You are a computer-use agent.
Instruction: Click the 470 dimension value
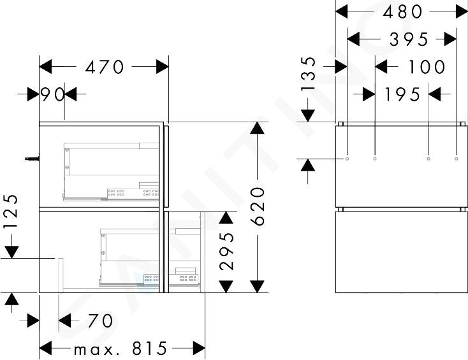(x=104, y=67)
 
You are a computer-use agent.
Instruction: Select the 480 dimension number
(x=402, y=12)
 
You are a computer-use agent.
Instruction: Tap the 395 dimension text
(x=409, y=40)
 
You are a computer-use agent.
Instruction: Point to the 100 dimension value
(x=427, y=66)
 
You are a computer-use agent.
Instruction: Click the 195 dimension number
(x=402, y=94)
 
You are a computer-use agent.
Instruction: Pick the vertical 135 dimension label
(x=308, y=74)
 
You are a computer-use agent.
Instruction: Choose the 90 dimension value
(x=52, y=94)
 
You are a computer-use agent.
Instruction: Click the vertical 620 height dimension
(x=258, y=206)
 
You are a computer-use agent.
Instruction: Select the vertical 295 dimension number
(x=226, y=251)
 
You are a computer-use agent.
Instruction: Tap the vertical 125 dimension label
(x=11, y=211)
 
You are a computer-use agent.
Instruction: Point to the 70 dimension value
(x=100, y=321)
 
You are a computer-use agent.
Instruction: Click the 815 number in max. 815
(x=150, y=348)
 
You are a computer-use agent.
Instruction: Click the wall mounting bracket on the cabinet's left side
(x=33, y=159)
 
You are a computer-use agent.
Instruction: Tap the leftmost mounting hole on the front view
(x=347, y=159)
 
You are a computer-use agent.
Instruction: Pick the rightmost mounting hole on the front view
(x=456, y=159)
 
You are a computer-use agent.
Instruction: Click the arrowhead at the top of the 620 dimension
(x=258, y=128)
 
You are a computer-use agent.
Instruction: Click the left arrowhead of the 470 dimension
(x=45, y=66)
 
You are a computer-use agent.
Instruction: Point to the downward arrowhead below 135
(x=308, y=116)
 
